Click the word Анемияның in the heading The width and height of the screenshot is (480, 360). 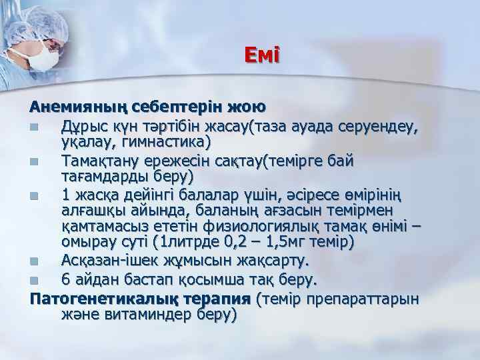(69, 106)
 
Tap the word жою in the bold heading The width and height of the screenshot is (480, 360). (247, 106)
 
